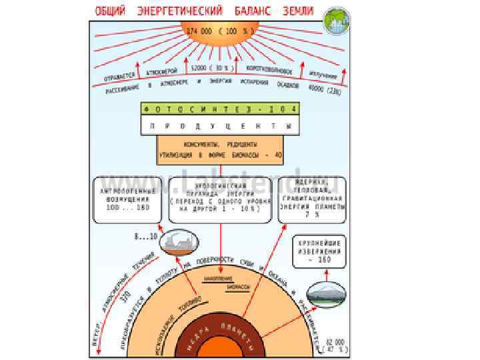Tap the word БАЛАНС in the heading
tap(253, 12)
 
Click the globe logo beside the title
tap(335, 21)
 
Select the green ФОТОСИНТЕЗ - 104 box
tap(220, 109)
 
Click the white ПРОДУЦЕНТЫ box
tap(220, 125)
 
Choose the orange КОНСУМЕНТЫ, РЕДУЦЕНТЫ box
tap(220, 149)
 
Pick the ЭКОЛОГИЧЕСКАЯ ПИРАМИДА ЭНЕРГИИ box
tap(220, 198)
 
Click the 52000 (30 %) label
tap(211, 68)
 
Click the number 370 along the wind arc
tap(125, 297)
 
